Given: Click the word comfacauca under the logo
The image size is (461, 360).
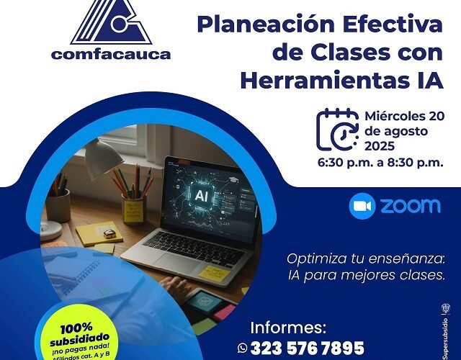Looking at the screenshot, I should click(x=111, y=55).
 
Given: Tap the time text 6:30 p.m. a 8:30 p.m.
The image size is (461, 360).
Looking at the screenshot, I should click(x=380, y=163).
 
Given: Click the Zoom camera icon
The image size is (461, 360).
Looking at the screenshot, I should click(x=362, y=206).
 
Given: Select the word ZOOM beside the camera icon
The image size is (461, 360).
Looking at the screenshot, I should click(x=409, y=206).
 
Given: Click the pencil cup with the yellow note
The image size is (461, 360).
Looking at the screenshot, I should click(x=133, y=209).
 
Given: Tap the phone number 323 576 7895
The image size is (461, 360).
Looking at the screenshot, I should click(x=308, y=347).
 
